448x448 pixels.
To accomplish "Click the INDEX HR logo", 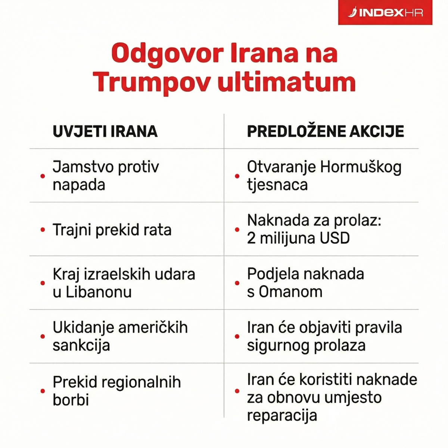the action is (x=385, y=13).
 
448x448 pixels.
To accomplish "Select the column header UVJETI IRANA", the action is (x=105, y=131).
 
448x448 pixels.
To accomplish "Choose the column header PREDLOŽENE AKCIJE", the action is (x=325, y=131).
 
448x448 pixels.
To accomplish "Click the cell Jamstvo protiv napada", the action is (x=106, y=175).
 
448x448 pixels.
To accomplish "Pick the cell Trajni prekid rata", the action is (x=112, y=230).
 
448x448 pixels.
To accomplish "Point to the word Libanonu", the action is (x=99, y=292).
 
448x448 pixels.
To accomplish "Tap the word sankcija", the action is (x=81, y=345).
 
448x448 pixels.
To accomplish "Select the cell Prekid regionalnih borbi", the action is (x=116, y=391).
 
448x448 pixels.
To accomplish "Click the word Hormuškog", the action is (x=361, y=167).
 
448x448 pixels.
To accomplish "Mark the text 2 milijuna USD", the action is (x=298, y=238).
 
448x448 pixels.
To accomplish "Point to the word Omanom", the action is (x=290, y=292).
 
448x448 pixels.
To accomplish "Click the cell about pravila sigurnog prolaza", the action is (x=324, y=336).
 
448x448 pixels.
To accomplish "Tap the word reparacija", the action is (x=282, y=415).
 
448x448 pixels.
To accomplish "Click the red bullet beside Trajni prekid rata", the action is (x=43, y=230).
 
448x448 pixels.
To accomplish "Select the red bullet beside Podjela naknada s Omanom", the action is (x=237, y=283).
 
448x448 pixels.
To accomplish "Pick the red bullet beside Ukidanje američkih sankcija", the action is (x=43, y=336).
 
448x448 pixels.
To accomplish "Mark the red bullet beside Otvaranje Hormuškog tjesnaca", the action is (x=237, y=176).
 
